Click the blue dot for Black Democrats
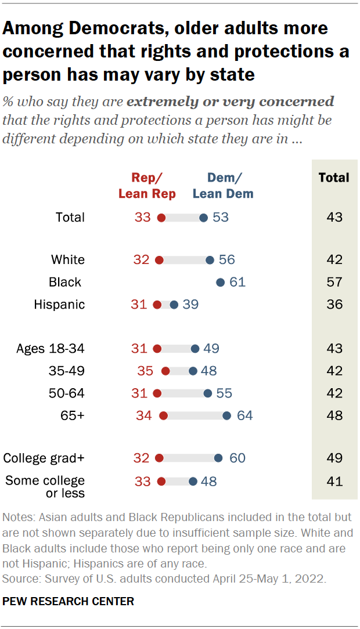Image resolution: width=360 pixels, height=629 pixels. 220,283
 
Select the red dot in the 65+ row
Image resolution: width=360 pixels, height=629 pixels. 163,415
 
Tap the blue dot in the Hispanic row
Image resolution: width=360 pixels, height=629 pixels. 174,305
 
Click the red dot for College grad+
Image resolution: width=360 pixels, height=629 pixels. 159,458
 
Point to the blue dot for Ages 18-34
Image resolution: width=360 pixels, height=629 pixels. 195,349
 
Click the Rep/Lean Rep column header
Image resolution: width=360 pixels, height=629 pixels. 147,186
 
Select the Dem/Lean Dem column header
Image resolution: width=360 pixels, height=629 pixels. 222,186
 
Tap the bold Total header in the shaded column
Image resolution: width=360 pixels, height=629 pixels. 334,178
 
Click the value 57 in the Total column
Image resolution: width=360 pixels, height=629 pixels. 334,283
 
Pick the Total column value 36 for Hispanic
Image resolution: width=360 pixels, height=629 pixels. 334,305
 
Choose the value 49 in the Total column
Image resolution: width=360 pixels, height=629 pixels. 334,458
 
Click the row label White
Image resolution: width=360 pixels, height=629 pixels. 68,260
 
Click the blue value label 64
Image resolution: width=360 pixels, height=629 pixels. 244,415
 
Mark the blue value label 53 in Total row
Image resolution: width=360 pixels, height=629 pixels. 221,218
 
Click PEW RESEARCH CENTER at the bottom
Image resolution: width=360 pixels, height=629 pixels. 69,602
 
